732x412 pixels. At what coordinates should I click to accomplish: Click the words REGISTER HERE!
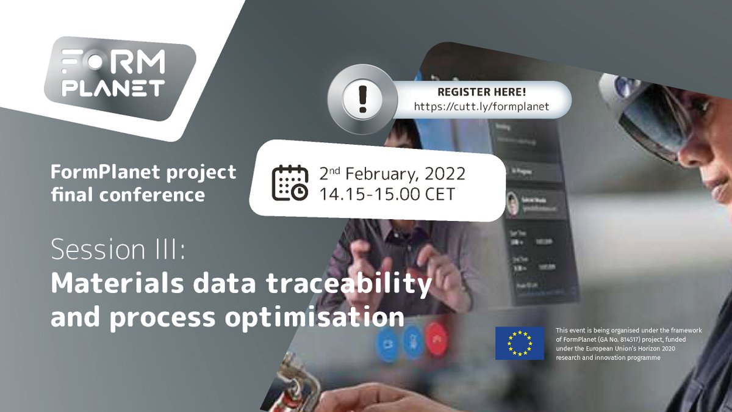coord(482,92)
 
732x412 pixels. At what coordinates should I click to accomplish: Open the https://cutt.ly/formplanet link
coord(482,106)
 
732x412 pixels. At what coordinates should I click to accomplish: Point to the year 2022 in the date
coord(443,173)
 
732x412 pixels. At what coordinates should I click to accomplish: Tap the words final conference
coord(127,195)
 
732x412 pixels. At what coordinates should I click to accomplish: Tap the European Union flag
coord(520,343)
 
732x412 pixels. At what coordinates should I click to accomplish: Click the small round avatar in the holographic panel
coord(513,205)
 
